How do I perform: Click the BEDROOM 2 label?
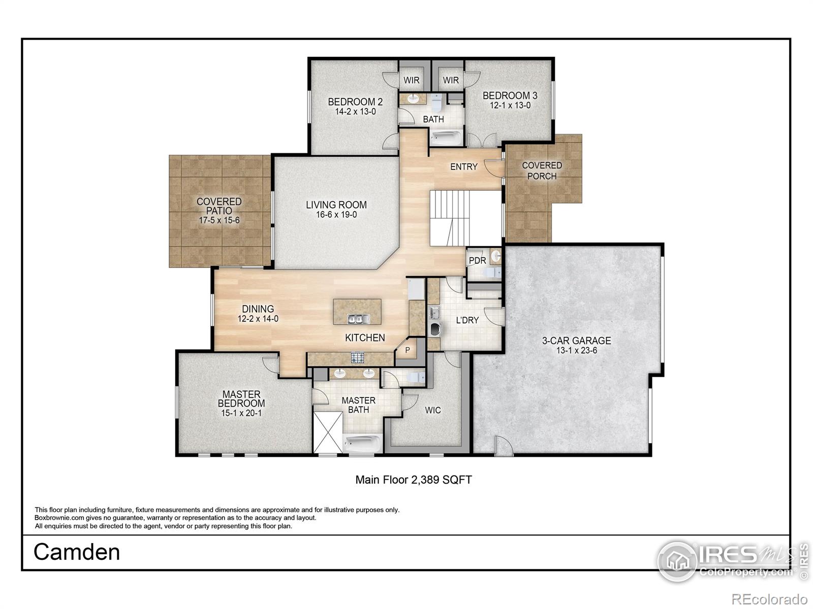355,101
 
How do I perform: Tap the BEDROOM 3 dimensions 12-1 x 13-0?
510,106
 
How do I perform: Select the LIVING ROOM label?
336,205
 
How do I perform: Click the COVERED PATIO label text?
219,206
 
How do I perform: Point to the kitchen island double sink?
358,319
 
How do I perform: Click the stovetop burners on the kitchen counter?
358,358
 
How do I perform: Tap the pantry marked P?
408,350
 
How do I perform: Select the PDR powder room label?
477,260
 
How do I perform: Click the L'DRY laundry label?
467,320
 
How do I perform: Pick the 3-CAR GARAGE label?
576,341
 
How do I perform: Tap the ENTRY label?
463,166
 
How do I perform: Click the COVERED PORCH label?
542,171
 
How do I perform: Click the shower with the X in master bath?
328,432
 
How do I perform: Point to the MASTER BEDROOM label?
241,398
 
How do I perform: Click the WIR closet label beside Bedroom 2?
411,80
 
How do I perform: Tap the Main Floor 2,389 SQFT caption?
413,480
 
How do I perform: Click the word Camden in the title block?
77,552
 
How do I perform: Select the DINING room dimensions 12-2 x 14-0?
258,319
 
